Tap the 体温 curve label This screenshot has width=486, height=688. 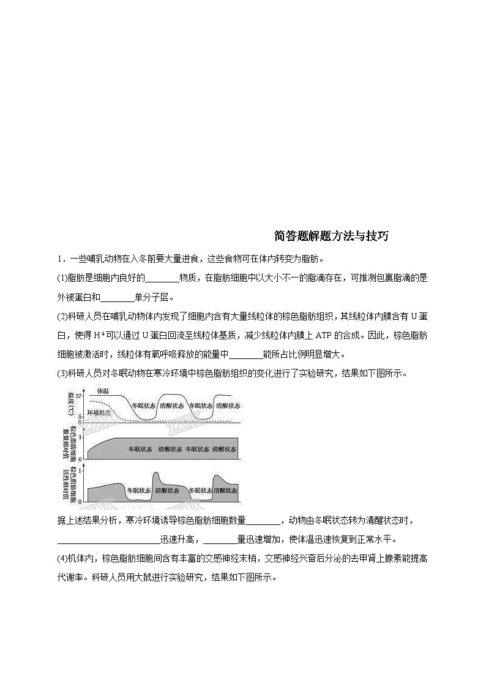click(105, 390)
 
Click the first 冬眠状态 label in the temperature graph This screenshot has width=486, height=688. click(144, 406)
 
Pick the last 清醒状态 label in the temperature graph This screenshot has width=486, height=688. click(227, 406)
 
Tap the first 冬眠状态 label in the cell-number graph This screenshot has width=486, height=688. click(141, 449)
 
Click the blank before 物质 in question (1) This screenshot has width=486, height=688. click(162, 278)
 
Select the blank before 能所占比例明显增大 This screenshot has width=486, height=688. click(245, 354)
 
